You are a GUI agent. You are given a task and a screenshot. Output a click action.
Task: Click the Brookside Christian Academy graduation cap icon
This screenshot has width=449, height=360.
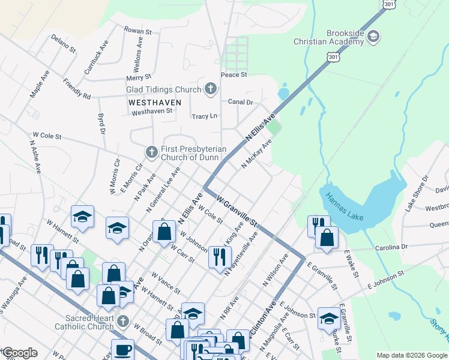click(x=373, y=37)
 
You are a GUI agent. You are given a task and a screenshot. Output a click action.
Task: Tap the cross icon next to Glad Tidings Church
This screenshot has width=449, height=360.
click(x=210, y=89)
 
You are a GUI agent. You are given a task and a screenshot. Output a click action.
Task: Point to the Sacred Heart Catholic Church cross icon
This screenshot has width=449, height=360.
click(x=123, y=322)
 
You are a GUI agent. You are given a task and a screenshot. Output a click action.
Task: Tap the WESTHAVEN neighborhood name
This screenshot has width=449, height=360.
click(x=154, y=103)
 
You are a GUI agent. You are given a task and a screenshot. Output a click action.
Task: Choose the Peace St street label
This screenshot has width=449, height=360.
click(x=234, y=75)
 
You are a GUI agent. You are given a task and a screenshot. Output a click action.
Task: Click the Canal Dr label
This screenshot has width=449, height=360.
click(x=240, y=102)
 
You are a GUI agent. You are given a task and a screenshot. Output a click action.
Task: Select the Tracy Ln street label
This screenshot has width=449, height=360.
click(x=203, y=116)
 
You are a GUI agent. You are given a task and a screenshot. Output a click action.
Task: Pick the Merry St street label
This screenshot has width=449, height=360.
click(x=138, y=78)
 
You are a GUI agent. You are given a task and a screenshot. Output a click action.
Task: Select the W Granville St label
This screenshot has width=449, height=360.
click(x=237, y=209)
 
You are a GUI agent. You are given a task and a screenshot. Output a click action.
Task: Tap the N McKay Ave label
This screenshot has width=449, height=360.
click(x=257, y=154)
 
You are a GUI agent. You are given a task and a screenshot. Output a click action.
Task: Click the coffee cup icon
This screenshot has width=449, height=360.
click(x=124, y=349)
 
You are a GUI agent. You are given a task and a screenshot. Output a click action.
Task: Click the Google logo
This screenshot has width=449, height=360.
click(x=20, y=353)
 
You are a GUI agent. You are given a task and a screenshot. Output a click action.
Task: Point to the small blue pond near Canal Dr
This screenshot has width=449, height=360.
click(x=283, y=94)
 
